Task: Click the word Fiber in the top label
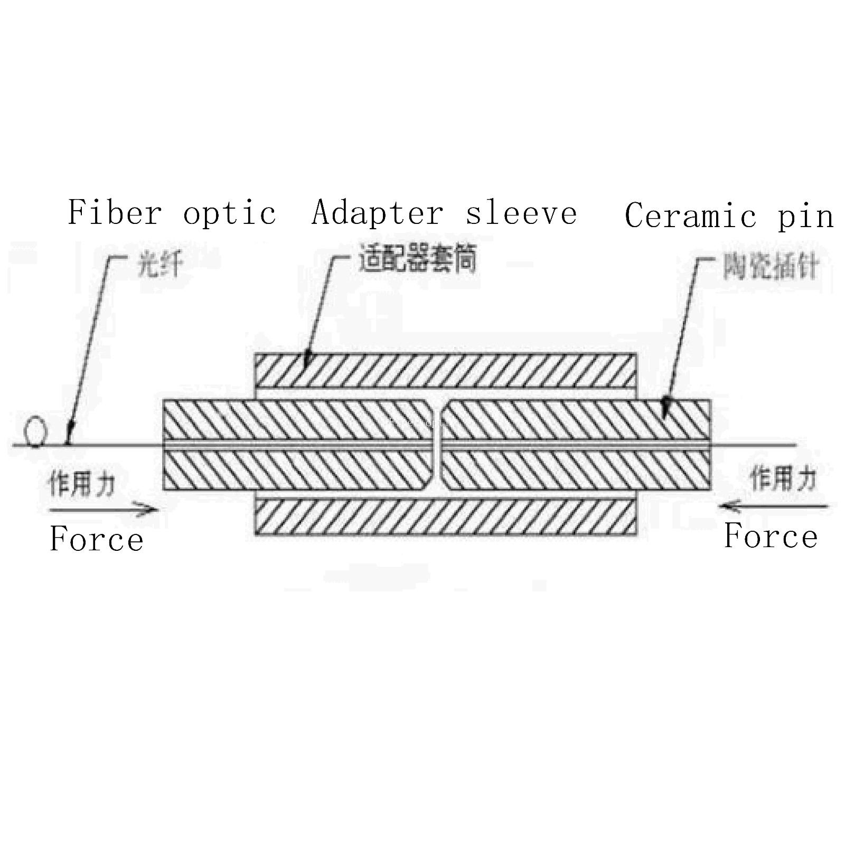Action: pyautogui.click(x=115, y=213)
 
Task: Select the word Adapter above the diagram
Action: pyautogui.click(x=378, y=213)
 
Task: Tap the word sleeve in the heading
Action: pyautogui.click(x=521, y=213)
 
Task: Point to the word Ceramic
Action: pyautogui.click(x=690, y=215)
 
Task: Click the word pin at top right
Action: pyautogui.click(x=805, y=217)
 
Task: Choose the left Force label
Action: pyautogui.click(x=97, y=539)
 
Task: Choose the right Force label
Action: pyautogui.click(x=771, y=536)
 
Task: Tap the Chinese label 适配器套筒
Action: pyautogui.click(x=417, y=258)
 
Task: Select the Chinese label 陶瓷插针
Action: pyautogui.click(x=771, y=267)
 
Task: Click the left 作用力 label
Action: pyautogui.click(x=82, y=483)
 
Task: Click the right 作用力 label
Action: pyautogui.click(x=784, y=479)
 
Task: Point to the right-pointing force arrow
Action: pyautogui.click(x=103, y=510)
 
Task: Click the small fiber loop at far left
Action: pyautogui.click(x=35, y=431)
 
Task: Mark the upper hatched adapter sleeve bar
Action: pyautogui.click(x=445, y=370)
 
